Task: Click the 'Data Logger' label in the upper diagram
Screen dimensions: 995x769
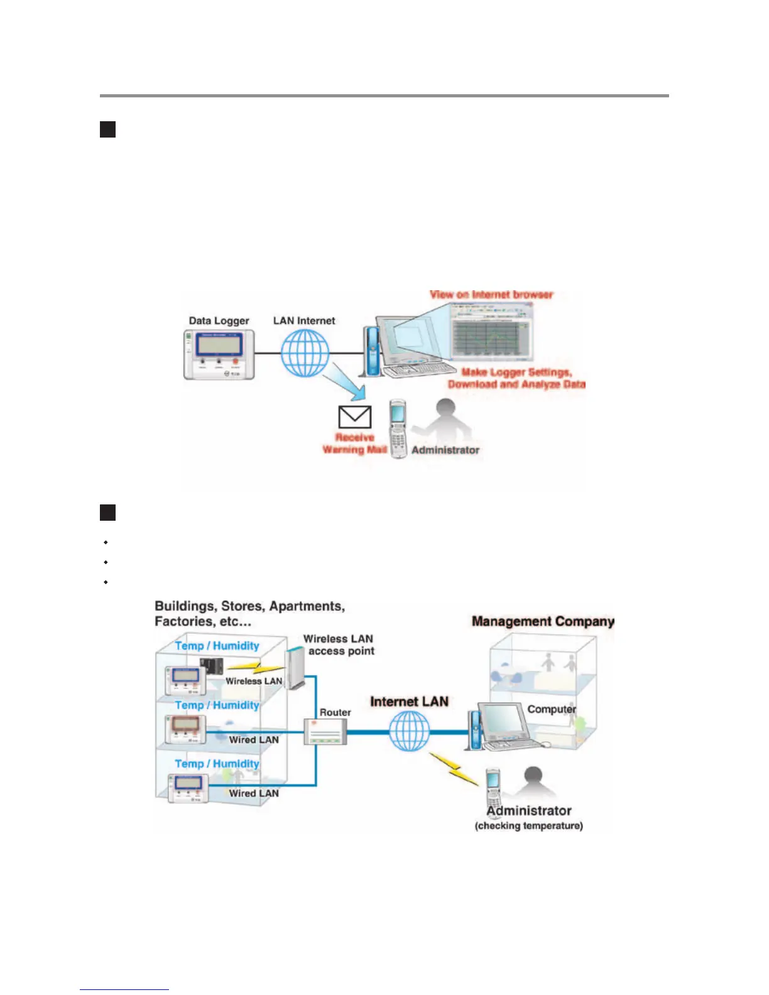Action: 219,321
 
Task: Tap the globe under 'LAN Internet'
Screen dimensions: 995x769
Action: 305,353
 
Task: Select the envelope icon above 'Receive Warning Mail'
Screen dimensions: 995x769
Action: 355,417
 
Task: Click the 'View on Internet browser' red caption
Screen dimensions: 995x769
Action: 491,295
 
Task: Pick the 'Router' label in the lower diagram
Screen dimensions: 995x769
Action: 335,712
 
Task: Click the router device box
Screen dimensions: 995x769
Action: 325,732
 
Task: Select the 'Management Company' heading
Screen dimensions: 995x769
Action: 543,621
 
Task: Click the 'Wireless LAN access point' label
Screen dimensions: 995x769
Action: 339,645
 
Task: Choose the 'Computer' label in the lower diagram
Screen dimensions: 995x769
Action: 552,709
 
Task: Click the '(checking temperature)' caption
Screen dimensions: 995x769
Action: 528,826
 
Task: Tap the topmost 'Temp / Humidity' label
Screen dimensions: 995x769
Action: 217,646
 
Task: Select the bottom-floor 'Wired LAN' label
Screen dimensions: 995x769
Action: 254,793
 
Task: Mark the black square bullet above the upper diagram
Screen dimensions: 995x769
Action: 107,129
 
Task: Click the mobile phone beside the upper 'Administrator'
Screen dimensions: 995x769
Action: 398,428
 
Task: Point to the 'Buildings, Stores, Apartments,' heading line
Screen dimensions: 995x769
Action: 249,606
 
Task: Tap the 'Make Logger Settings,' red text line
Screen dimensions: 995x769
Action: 516,372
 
